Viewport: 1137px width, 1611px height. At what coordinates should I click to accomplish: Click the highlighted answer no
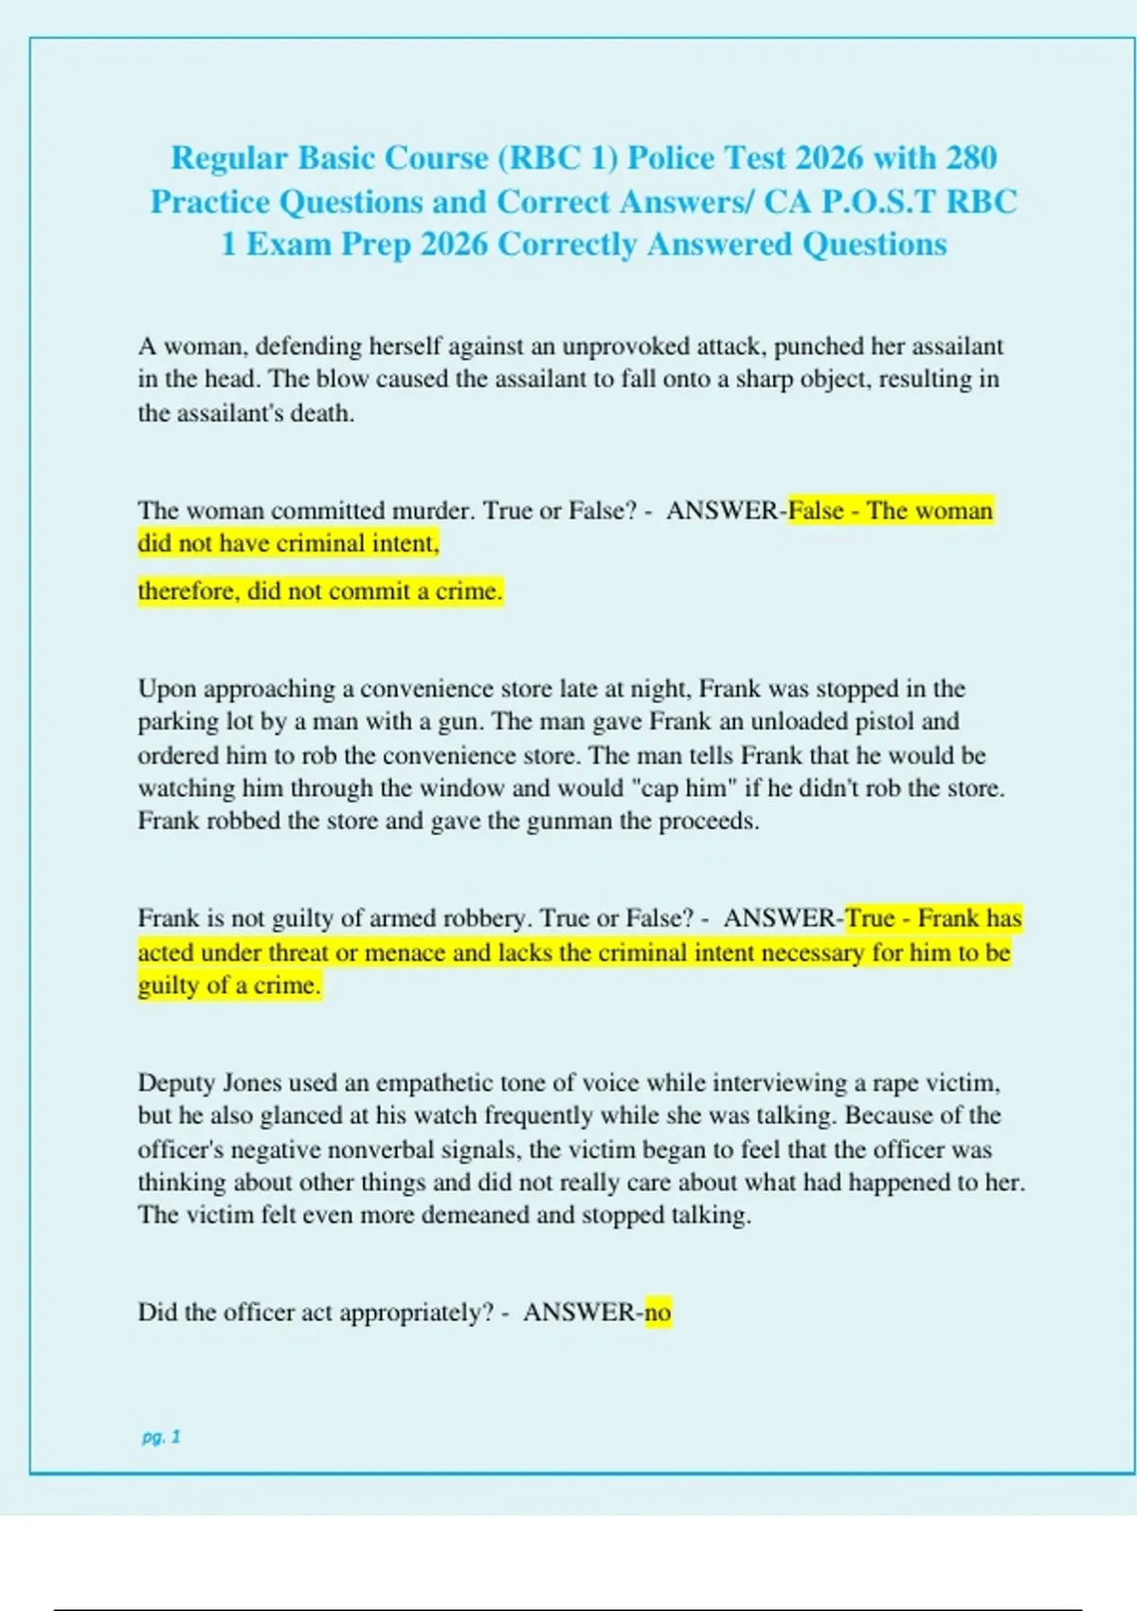658,1312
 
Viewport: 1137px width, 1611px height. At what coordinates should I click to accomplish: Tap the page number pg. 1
161,1437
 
